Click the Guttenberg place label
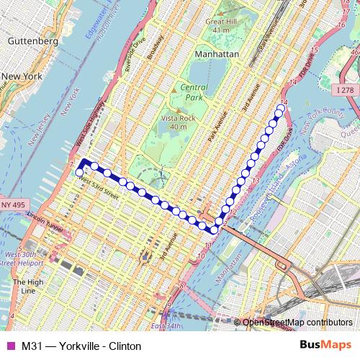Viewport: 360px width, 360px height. tap(32, 42)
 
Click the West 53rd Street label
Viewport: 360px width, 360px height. tap(98, 186)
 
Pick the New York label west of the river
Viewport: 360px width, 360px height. tap(23, 76)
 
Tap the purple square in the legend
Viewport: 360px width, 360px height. tap(10, 346)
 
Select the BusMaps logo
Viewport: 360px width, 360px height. tap(325, 346)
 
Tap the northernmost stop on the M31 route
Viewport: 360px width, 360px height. tap(280, 109)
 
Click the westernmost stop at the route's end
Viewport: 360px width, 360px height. tap(79, 172)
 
